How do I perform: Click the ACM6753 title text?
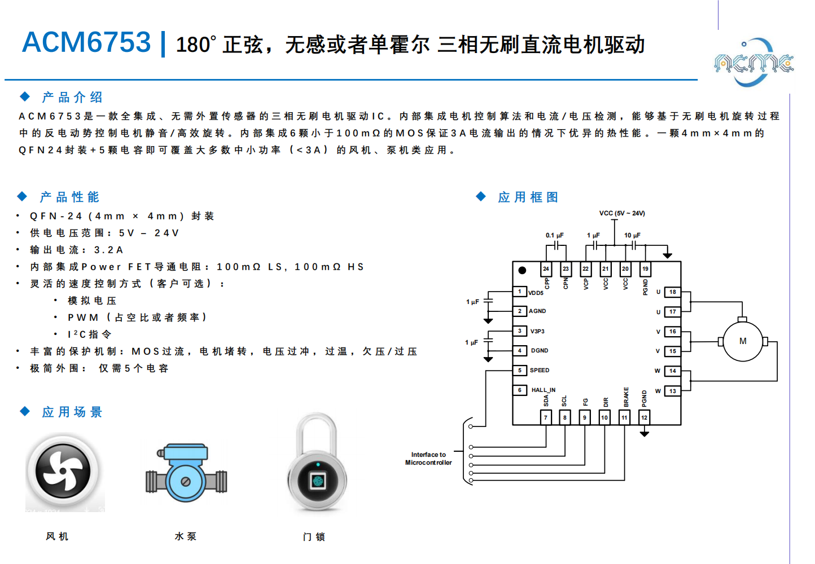click(x=86, y=42)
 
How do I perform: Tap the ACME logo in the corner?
click(x=753, y=63)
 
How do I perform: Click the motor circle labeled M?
click(x=743, y=341)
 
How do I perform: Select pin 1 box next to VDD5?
click(x=520, y=292)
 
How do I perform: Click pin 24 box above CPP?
click(x=546, y=269)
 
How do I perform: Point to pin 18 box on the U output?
click(x=672, y=292)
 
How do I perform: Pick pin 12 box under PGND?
click(x=644, y=417)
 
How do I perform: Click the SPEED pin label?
click(x=539, y=371)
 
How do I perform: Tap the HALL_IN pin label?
click(x=543, y=390)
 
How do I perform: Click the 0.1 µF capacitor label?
click(x=554, y=235)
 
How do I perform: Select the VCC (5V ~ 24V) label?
click(x=622, y=213)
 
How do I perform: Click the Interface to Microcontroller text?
click(x=428, y=459)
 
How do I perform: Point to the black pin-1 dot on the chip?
click(x=522, y=271)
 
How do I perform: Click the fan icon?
click(x=63, y=471)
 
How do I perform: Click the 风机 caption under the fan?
click(x=57, y=536)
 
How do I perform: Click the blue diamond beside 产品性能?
click(x=22, y=196)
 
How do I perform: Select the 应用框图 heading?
click(x=528, y=197)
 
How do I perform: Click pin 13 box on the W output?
click(x=672, y=391)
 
